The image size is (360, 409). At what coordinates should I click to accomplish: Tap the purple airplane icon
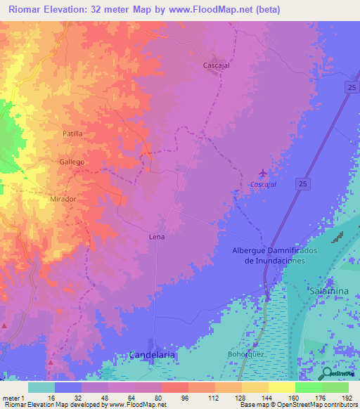point(263,173)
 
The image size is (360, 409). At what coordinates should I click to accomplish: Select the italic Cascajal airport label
point(263,185)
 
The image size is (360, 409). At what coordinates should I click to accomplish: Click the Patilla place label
point(72,134)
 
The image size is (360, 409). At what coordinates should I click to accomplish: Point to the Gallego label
point(72,162)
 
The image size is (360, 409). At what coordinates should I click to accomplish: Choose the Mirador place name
point(63,200)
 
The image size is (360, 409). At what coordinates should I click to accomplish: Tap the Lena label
point(157,237)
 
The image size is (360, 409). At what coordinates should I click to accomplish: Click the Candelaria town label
point(151,356)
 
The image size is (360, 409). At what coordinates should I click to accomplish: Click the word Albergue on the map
point(252,251)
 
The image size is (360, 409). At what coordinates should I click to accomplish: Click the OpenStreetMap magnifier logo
point(328,373)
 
